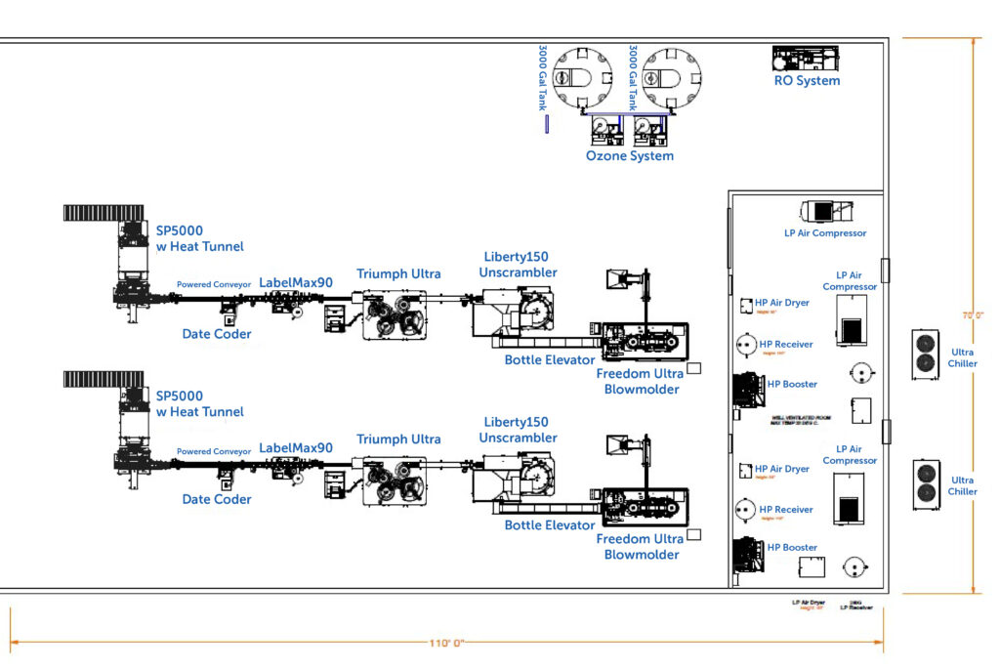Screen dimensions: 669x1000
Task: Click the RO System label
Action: (x=807, y=81)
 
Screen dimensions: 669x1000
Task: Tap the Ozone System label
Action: (x=629, y=155)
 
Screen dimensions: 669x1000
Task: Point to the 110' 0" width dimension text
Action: (x=446, y=644)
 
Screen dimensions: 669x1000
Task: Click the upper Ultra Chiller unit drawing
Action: (x=926, y=354)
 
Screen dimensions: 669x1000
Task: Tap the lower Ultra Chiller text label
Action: (x=963, y=485)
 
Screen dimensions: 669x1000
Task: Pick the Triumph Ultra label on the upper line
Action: (x=398, y=273)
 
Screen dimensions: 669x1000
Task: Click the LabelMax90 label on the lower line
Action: (x=296, y=448)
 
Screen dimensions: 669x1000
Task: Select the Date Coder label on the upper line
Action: (x=217, y=334)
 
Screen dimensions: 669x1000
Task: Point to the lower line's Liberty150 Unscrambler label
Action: (x=520, y=430)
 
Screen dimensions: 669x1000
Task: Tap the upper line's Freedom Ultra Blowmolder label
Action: (x=641, y=382)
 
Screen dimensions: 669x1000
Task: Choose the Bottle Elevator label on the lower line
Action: (x=550, y=525)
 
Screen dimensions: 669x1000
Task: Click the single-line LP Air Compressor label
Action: (x=825, y=233)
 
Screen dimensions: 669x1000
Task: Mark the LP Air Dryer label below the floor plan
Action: (x=808, y=604)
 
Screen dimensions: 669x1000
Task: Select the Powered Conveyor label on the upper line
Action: (x=214, y=285)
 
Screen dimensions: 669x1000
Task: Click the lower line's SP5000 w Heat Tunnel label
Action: (x=199, y=403)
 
